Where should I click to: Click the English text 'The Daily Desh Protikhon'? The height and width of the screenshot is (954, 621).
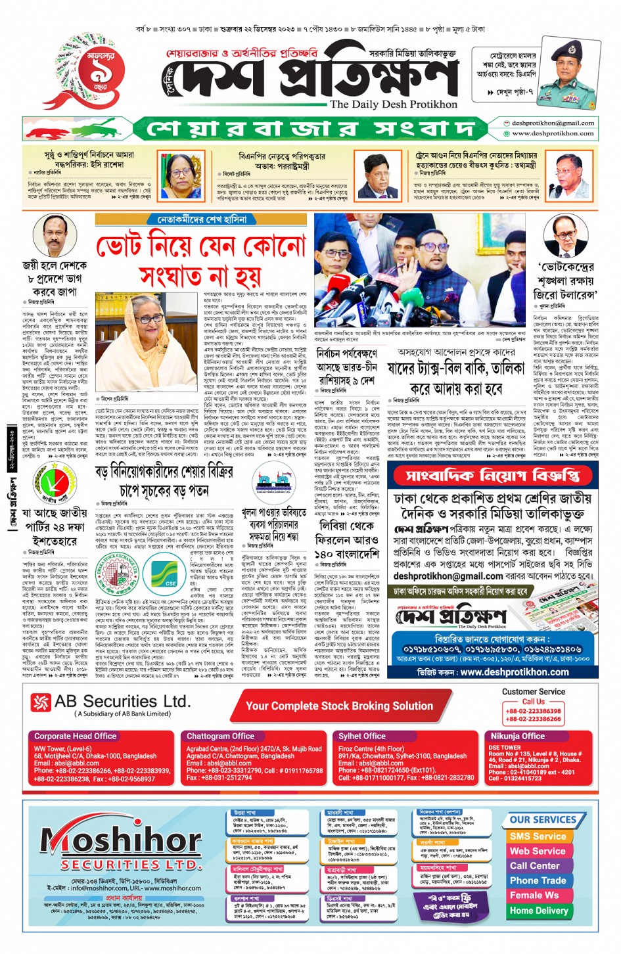pos(393,104)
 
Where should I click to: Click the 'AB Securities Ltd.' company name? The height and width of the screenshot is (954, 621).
pos(122,702)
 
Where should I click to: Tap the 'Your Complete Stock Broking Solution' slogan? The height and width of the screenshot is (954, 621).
pos(339,706)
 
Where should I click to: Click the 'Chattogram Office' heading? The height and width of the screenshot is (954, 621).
pos(220,737)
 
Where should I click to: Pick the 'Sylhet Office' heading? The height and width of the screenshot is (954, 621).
pos(362,737)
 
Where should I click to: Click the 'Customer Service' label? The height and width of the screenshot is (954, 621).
pos(533,692)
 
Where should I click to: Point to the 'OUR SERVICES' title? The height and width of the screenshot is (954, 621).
pos(543,820)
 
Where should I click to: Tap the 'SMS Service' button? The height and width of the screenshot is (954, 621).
pos(538,836)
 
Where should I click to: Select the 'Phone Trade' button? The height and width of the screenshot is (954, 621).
pos(538,880)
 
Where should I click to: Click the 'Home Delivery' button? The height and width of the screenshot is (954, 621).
pos(538,911)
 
